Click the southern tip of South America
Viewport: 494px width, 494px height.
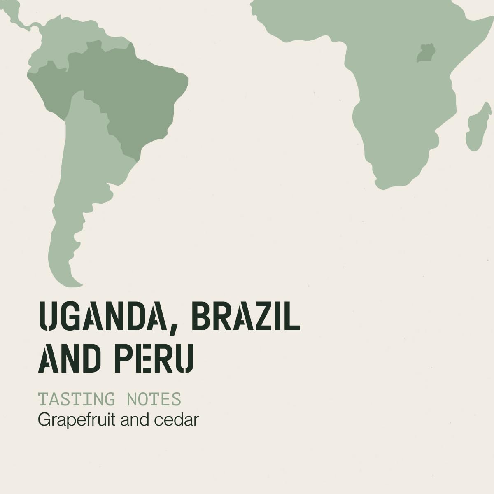pos(76,284)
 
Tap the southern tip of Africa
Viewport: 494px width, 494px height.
pos(381,185)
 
